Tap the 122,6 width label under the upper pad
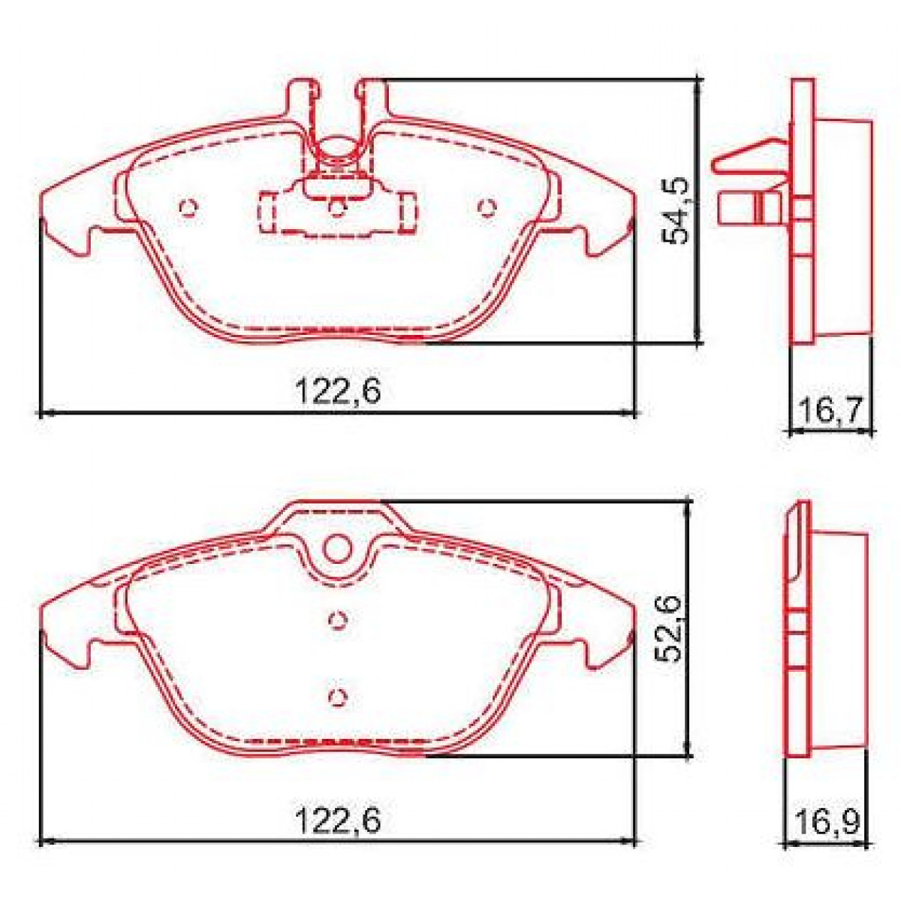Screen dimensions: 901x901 [x=338, y=392]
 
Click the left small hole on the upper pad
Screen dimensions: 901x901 [x=188, y=208]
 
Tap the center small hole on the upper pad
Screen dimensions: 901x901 [x=338, y=208]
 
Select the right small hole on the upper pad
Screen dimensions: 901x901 [x=488, y=208]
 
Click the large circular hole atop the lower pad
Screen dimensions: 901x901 [x=338, y=549]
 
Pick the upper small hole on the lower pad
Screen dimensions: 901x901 [x=338, y=619]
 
